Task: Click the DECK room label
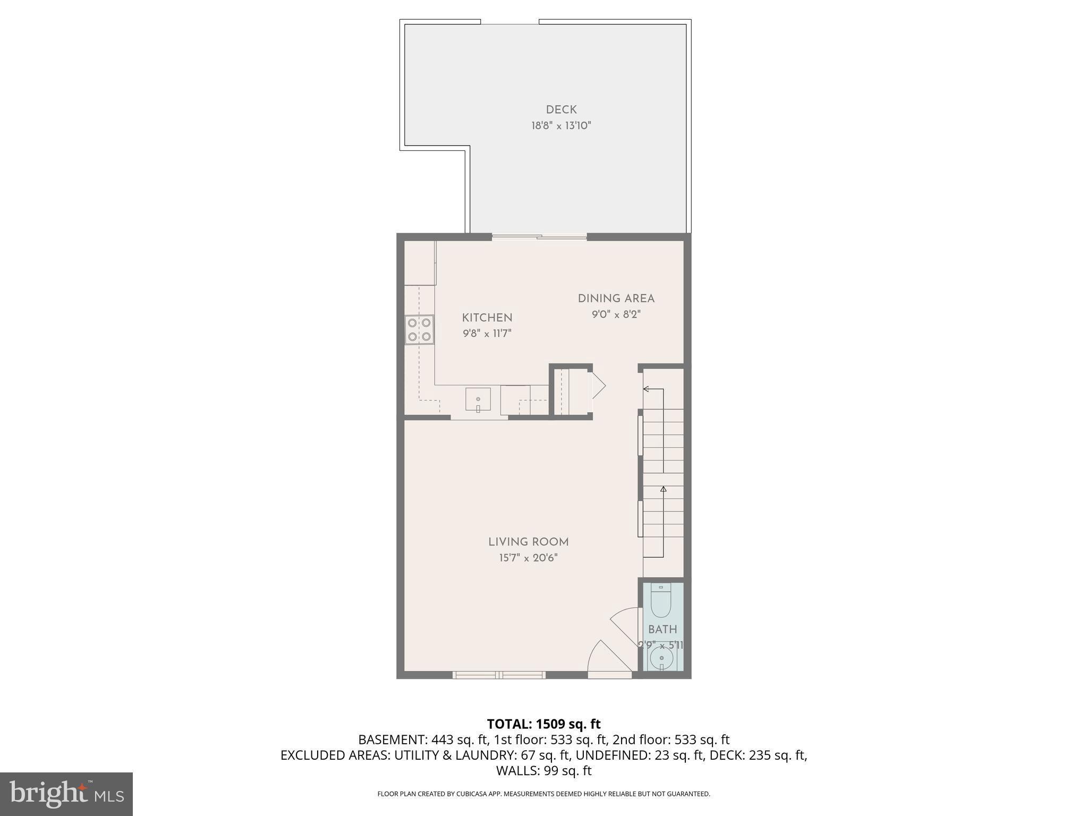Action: coord(561,110)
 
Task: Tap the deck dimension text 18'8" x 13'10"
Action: coord(561,126)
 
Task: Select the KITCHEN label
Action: coord(487,318)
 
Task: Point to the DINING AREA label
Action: coord(616,299)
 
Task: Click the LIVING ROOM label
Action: coord(528,542)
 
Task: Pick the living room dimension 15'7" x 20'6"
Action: coord(528,558)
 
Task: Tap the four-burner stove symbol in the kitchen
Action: coord(419,329)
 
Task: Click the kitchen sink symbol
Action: coord(478,399)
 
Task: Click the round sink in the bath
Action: coord(661,659)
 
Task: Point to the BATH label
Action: coord(662,630)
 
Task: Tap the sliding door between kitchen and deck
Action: coord(539,237)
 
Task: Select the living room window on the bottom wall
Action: coord(499,675)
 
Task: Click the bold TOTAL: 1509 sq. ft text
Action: coord(543,724)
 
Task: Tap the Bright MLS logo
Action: coord(66,794)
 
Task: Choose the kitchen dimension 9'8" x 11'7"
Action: coord(487,334)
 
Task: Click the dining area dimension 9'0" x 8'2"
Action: coord(616,314)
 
